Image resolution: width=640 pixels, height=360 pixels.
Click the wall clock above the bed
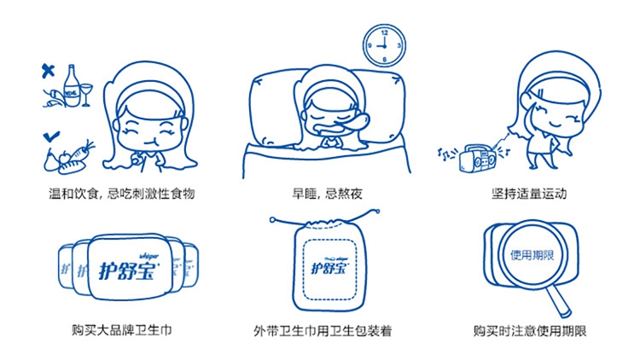384,45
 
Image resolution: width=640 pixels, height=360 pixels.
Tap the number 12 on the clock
385,32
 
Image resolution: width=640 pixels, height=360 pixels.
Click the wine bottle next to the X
72,85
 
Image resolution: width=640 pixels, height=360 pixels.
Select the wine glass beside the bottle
86,95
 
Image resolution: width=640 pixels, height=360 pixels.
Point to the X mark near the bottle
48,71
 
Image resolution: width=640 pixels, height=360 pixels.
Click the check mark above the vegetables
51,136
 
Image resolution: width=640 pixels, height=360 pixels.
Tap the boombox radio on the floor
477,157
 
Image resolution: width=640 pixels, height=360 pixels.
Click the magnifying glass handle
558,302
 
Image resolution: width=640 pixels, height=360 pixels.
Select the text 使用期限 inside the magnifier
532,256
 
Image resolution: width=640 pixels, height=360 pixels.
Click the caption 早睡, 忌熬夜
328,194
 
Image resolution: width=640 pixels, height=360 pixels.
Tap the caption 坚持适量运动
529,194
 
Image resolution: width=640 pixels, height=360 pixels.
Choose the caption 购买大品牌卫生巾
122,330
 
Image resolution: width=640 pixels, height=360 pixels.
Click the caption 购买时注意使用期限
530,331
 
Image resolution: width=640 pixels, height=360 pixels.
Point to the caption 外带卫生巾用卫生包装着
323,331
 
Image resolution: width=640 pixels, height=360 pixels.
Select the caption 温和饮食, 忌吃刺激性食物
122,194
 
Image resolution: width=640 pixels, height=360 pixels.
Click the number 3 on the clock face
399,45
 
